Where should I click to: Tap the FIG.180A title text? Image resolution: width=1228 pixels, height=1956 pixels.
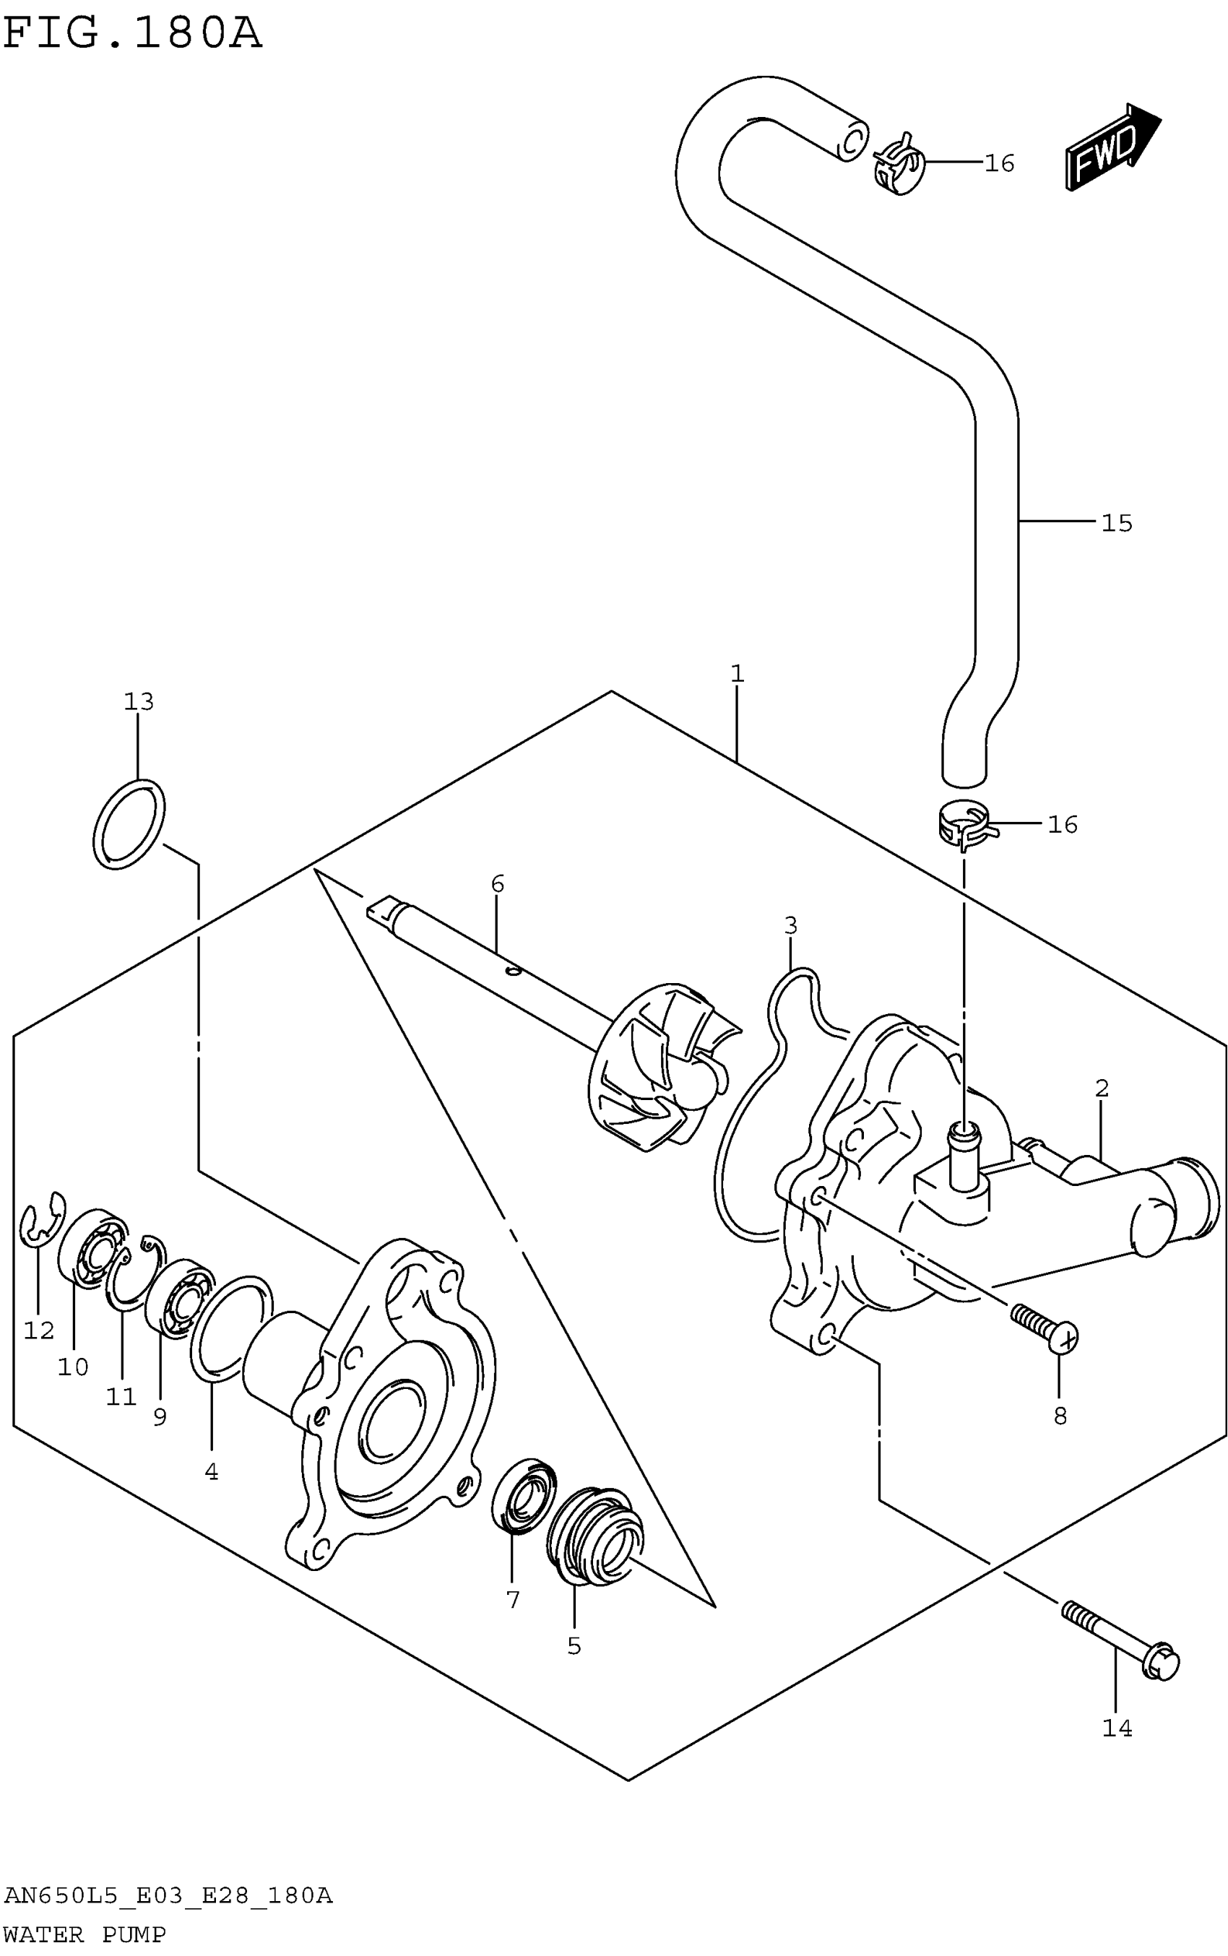(132, 34)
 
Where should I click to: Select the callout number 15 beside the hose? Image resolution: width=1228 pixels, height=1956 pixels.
(1116, 523)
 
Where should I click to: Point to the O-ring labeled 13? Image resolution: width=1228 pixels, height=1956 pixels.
(129, 824)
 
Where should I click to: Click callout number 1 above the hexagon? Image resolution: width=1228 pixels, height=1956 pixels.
(737, 673)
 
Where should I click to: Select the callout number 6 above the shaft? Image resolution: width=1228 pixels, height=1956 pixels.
(498, 883)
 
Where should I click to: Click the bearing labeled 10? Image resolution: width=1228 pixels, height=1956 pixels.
(93, 1250)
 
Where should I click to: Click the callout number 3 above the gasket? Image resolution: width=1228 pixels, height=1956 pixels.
(790, 925)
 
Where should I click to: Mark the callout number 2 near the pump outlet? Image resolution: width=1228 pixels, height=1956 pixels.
(1102, 1088)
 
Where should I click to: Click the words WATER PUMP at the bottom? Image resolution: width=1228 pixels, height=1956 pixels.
(85, 1935)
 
